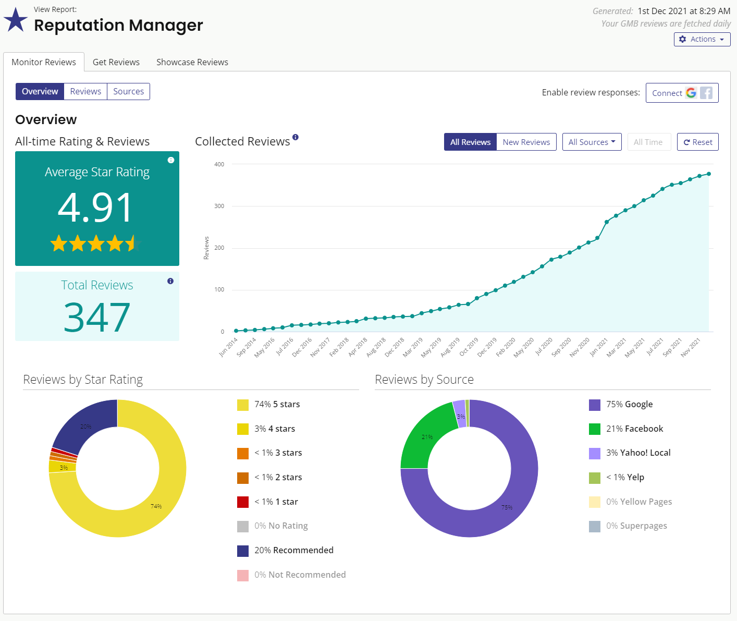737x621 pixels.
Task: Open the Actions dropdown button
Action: click(x=702, y=39)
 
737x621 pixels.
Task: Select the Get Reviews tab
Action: click(x=116, y=62)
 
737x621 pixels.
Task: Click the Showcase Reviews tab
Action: click(x=192, y=62)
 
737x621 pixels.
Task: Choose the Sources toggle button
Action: click(x=129, y=91)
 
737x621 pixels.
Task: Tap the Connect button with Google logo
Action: click(x=682, y=93)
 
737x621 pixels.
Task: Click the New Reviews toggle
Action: click(x=526, y=142)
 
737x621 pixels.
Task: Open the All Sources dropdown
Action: click(x=592, y=142)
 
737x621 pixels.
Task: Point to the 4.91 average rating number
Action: click(x=95, y=208)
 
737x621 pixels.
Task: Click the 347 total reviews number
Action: click(x=97, y=317)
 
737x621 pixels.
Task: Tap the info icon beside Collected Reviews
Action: click(x=296, y=137)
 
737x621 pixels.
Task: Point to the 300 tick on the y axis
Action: click(x=219, y=206)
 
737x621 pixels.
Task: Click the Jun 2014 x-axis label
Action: click(x=228, y=347)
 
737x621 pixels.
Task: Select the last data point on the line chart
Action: click(x=708, y=174)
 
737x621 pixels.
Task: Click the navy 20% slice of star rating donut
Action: click(x=86, y=426)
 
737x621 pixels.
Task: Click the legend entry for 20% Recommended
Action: click(x=285, y=551)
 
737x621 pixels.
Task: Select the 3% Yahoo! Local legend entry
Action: click(x=630, y=453)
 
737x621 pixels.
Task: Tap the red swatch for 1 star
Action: click(x=243, y=502)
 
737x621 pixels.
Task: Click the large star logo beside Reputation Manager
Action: click(x=15, y=20)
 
